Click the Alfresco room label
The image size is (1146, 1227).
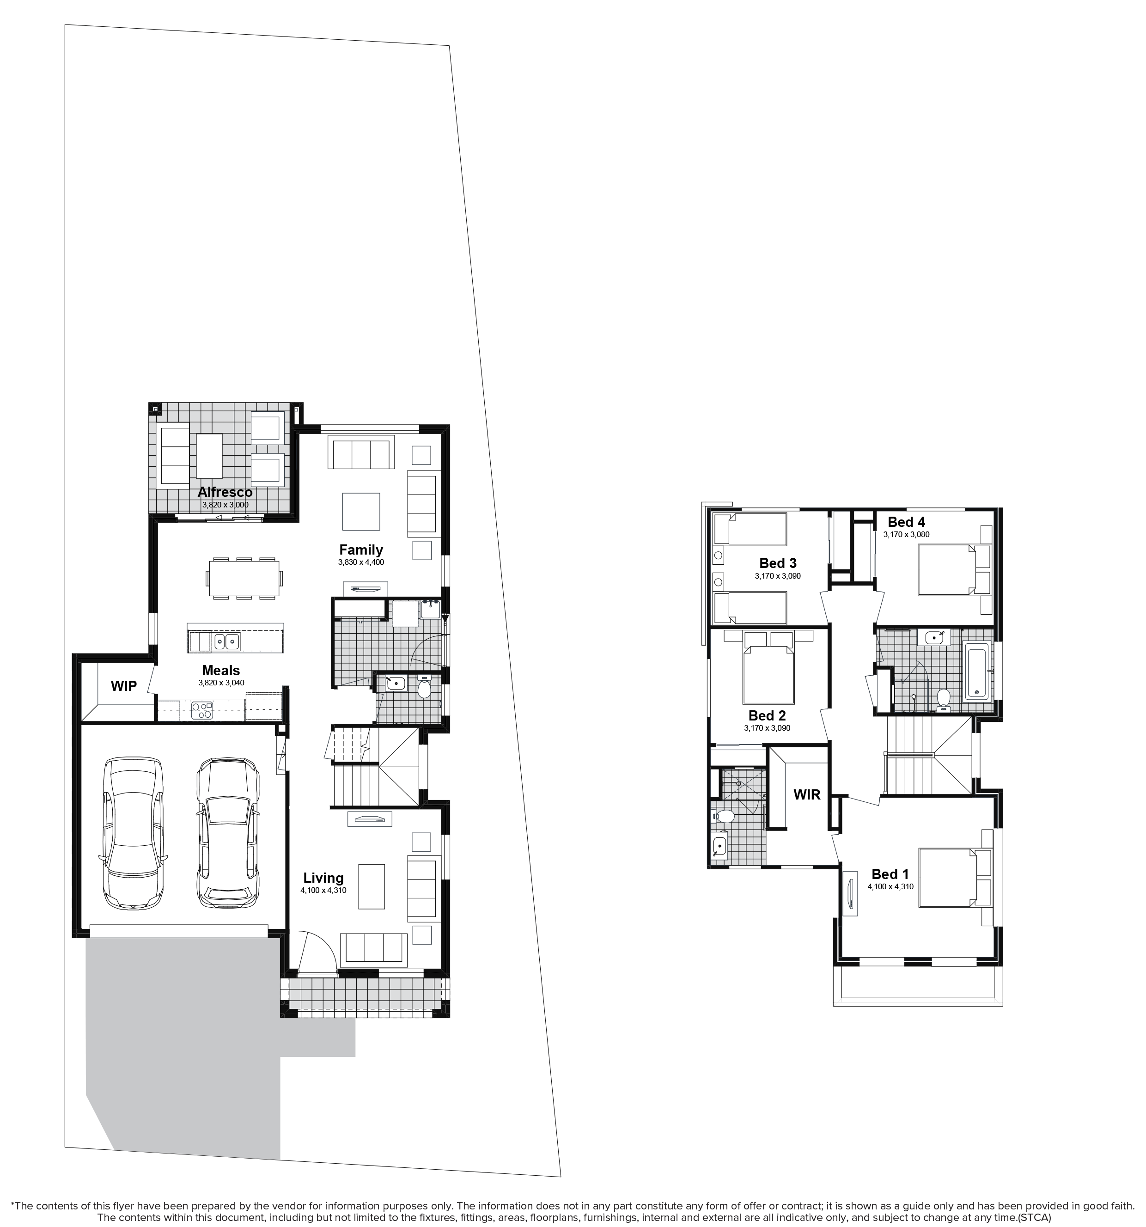(225, 492)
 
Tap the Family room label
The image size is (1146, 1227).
(361, 549)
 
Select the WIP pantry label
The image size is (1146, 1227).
(123, 686)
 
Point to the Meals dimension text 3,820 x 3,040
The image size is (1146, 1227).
(221, 683)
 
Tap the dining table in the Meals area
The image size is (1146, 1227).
(244, 578)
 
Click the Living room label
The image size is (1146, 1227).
(323, 878)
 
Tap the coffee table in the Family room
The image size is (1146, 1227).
(361, 511)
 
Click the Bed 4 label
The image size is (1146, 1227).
(906, 522)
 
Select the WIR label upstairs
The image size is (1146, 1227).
(806, 794)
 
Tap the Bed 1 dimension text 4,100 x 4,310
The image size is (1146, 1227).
(890, 886)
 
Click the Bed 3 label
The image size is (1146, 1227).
(778, 563)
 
